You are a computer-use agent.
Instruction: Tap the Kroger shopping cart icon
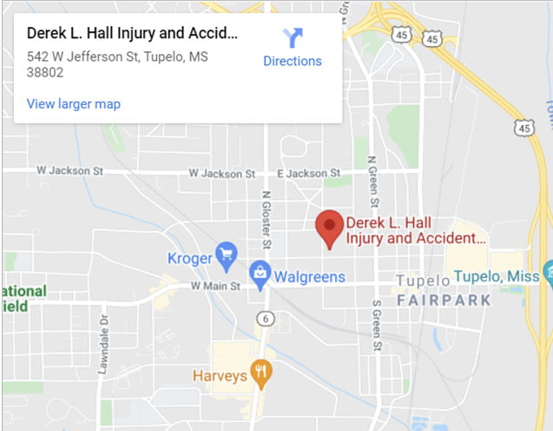pyautogui.click(x=227, y=255)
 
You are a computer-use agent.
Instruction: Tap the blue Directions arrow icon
pyautogui.click(x=293, y=37)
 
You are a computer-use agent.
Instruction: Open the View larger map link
pyautogui.click(x=74, y=104)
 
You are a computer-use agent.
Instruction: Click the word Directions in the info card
pyautogui.click(x=293, y=62)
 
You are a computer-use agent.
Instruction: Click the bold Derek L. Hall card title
pyautogui.click(x=132, y=34)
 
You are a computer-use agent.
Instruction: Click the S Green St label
pyautogui.click(x=377, y=326)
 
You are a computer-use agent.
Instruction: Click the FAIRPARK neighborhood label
pyautogui.click(x=444, y=300)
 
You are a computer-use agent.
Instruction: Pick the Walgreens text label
pyautogui.click(x=310, y=277)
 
